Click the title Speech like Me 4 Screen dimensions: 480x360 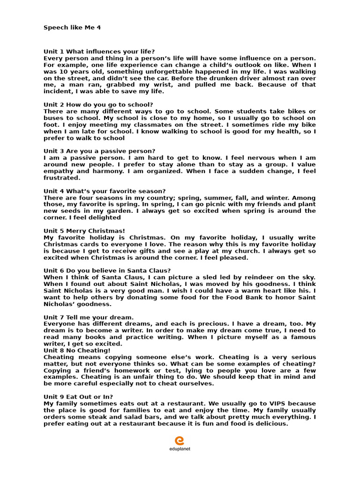pos(72,28)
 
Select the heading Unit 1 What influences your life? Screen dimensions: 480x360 pos(99,51)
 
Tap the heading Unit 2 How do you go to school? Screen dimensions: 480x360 pos(98,105)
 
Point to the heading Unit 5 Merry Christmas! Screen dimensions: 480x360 pos(84,231)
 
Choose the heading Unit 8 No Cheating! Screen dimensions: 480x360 pos(77,350)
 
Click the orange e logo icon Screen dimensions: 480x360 pos(180,441)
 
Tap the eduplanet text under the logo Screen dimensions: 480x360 pos(180,449)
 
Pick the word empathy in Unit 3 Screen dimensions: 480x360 pos(59,171)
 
